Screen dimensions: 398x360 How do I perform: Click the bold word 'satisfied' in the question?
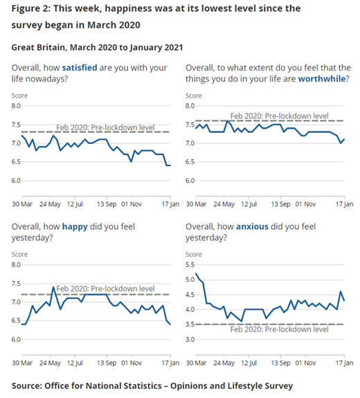(88, 67)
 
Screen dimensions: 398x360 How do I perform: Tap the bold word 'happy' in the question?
(75, 226)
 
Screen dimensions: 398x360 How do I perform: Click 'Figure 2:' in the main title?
(34, 8)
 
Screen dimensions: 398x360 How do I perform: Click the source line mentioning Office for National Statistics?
(152, 386)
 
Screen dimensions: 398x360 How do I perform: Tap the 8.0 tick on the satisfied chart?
(18, 106)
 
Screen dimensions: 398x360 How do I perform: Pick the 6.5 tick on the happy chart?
(18, 321)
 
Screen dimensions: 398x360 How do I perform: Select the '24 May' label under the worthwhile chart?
(226, 205)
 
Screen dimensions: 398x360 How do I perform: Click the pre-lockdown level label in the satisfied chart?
(104, 127)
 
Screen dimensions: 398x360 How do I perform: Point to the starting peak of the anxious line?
(197, 273)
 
